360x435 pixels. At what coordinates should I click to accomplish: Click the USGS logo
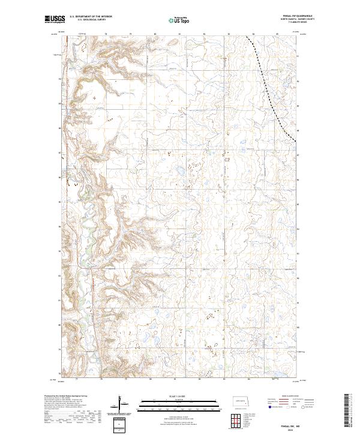coord(55,20)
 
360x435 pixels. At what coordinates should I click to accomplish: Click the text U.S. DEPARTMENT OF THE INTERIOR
coord(91,16)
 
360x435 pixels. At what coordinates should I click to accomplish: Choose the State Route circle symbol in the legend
coord(307,408)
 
